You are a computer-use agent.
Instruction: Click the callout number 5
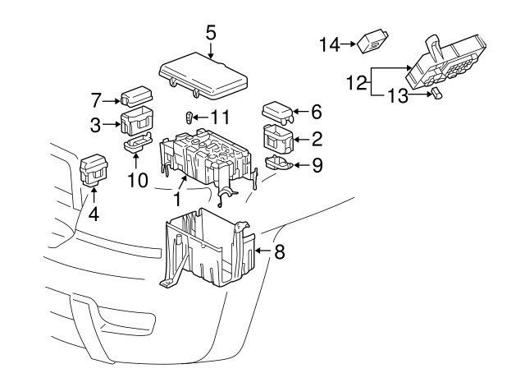(211, 34)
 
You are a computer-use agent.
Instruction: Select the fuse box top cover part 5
(204, 71)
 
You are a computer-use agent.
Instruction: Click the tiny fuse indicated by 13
(436, 96)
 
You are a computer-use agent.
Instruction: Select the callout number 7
(96, 100)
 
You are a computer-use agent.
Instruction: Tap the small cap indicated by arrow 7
(134, 97)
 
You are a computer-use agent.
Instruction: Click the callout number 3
(96, 125)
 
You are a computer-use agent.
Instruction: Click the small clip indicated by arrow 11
(190, 117)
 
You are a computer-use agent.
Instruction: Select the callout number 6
(317, 110)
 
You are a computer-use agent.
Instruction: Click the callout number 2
(317, 137)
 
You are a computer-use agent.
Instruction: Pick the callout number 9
(317, 165)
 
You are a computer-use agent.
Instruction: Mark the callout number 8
(279, 252)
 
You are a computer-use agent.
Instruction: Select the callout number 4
(94, 215)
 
